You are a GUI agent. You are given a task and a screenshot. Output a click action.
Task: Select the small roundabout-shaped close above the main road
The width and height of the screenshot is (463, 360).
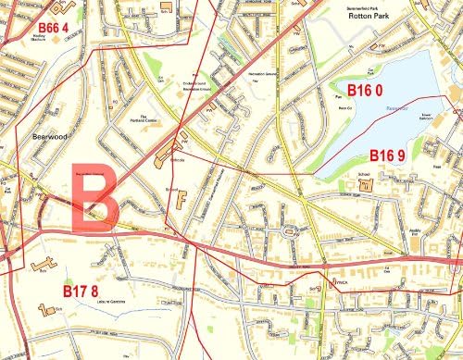pyautogui.click(x=294, y=229)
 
